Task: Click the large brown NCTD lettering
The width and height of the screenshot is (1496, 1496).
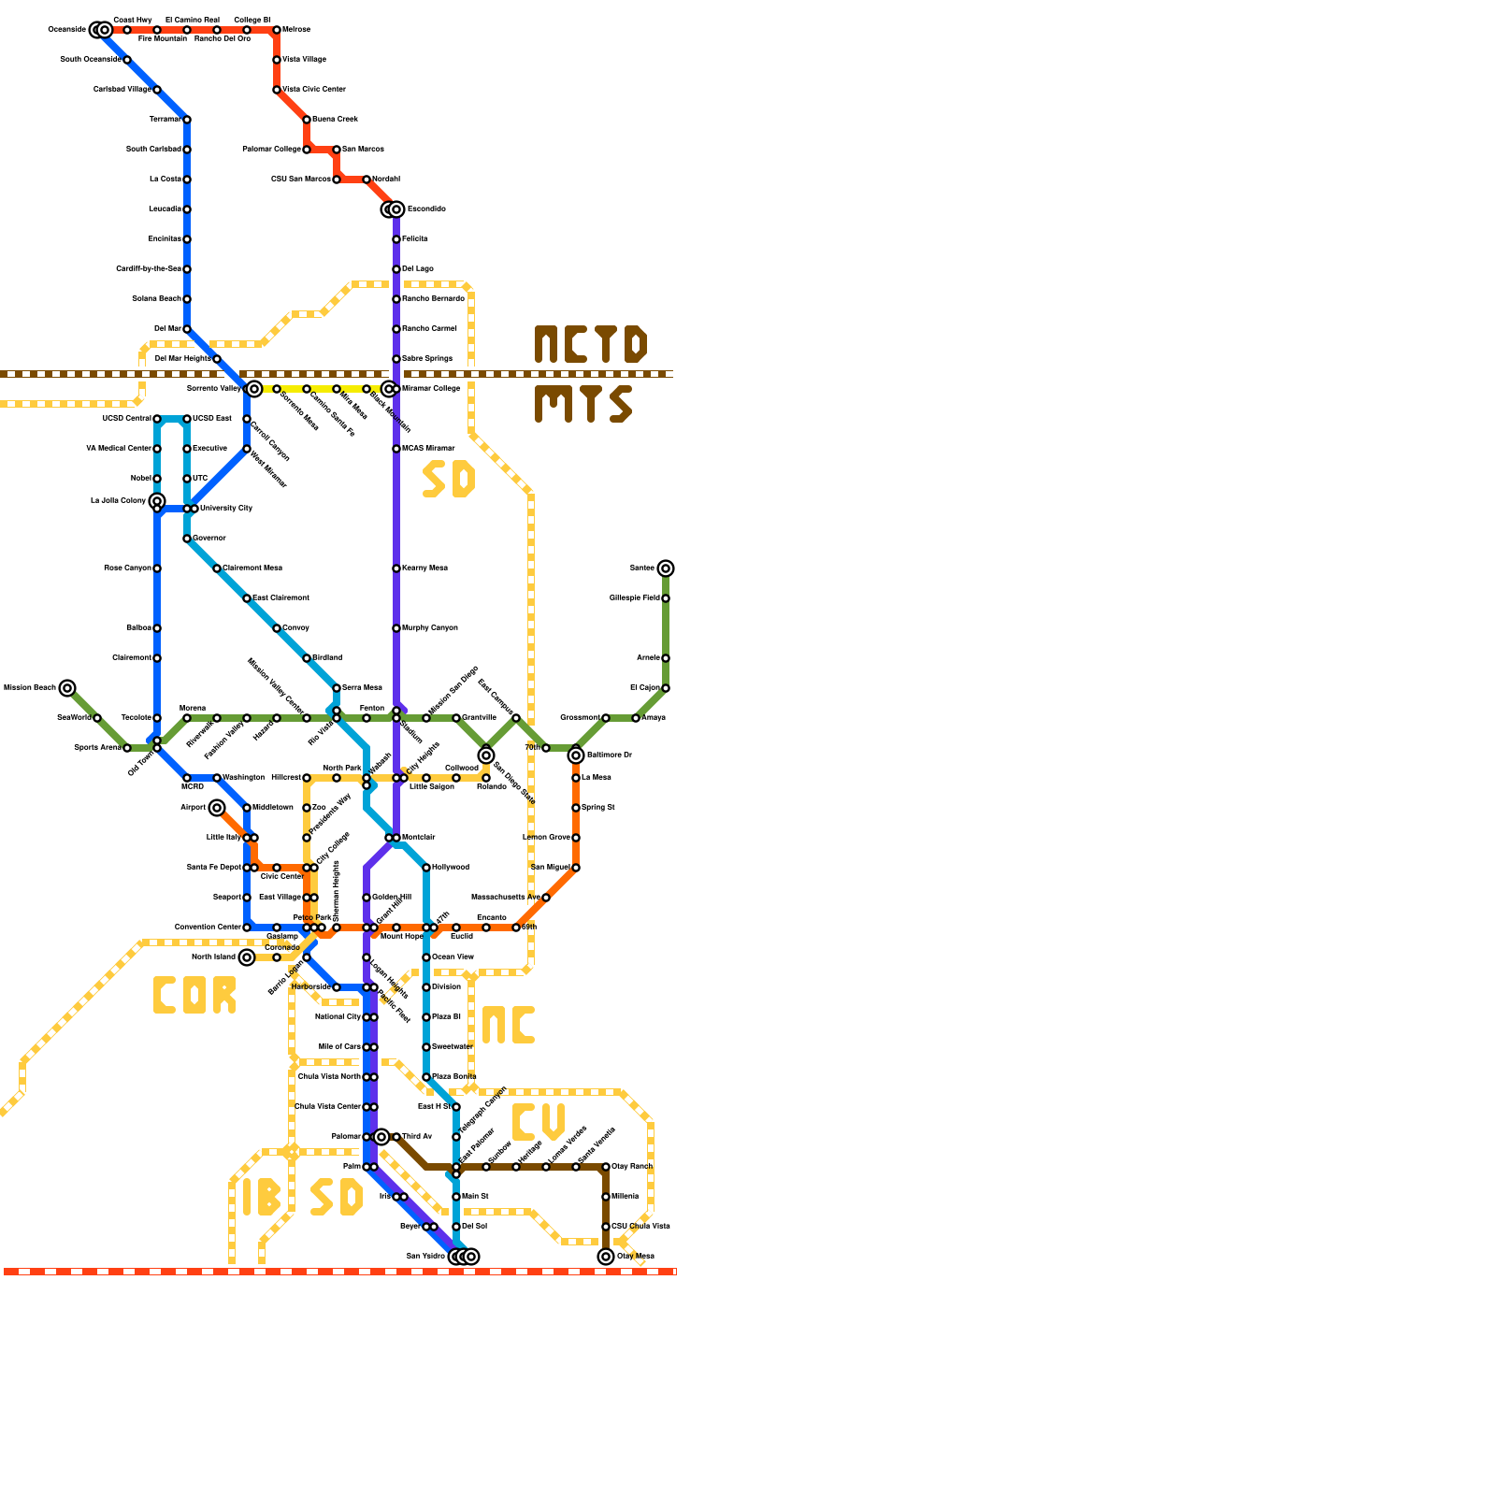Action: (590, 344)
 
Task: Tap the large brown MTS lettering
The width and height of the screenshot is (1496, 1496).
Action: (583, 404)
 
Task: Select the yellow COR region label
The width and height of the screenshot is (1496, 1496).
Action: (194, 996)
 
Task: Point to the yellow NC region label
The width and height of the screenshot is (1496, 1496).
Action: (508, 1026)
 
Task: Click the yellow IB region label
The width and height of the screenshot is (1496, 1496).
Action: (261, 1197)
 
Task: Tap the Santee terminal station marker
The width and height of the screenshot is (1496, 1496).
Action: (666, 568)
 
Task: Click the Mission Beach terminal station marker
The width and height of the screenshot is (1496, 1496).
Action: (67, 688)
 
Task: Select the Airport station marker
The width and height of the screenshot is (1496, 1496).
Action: (217, 808)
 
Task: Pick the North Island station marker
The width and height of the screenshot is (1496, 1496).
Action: (247, 957)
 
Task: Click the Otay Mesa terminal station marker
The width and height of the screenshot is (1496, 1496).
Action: (606, 1257)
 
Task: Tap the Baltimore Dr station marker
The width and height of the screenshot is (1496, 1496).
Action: (576, 755)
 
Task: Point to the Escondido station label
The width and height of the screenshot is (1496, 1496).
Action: (426, 209)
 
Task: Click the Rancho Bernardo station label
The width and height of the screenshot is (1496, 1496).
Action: (433, 299)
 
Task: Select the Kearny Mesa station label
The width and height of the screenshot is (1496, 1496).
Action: (424, 568)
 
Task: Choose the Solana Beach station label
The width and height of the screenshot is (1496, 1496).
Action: (157, 299)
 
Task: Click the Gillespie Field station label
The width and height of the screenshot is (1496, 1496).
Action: (635, 598)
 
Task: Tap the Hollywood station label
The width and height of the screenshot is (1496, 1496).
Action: (451, 868)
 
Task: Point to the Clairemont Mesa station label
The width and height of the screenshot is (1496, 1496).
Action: (252, 568)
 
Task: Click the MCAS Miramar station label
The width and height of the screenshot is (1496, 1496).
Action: (428, 449)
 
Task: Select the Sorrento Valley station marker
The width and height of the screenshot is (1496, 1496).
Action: (254, 389)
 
